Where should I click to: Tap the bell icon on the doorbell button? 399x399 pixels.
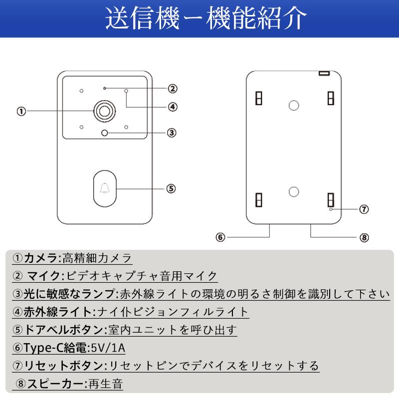(104, 189)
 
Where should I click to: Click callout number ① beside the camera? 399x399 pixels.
(21, 111)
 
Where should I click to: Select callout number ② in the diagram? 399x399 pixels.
(172, 89)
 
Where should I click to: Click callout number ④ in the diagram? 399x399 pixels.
(172, 107)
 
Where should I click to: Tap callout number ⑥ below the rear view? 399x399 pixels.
(221, 237)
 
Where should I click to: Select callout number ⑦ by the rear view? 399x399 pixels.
(364, 209)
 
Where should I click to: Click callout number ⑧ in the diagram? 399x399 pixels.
(364, 237)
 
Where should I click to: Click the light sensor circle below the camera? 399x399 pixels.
(104, 133)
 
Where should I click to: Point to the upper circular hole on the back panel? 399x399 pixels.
(294, 105)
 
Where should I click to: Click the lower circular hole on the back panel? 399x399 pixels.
(294, 192)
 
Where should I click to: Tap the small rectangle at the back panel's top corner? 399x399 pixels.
(325, 73)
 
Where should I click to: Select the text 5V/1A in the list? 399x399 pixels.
(108, 348)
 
